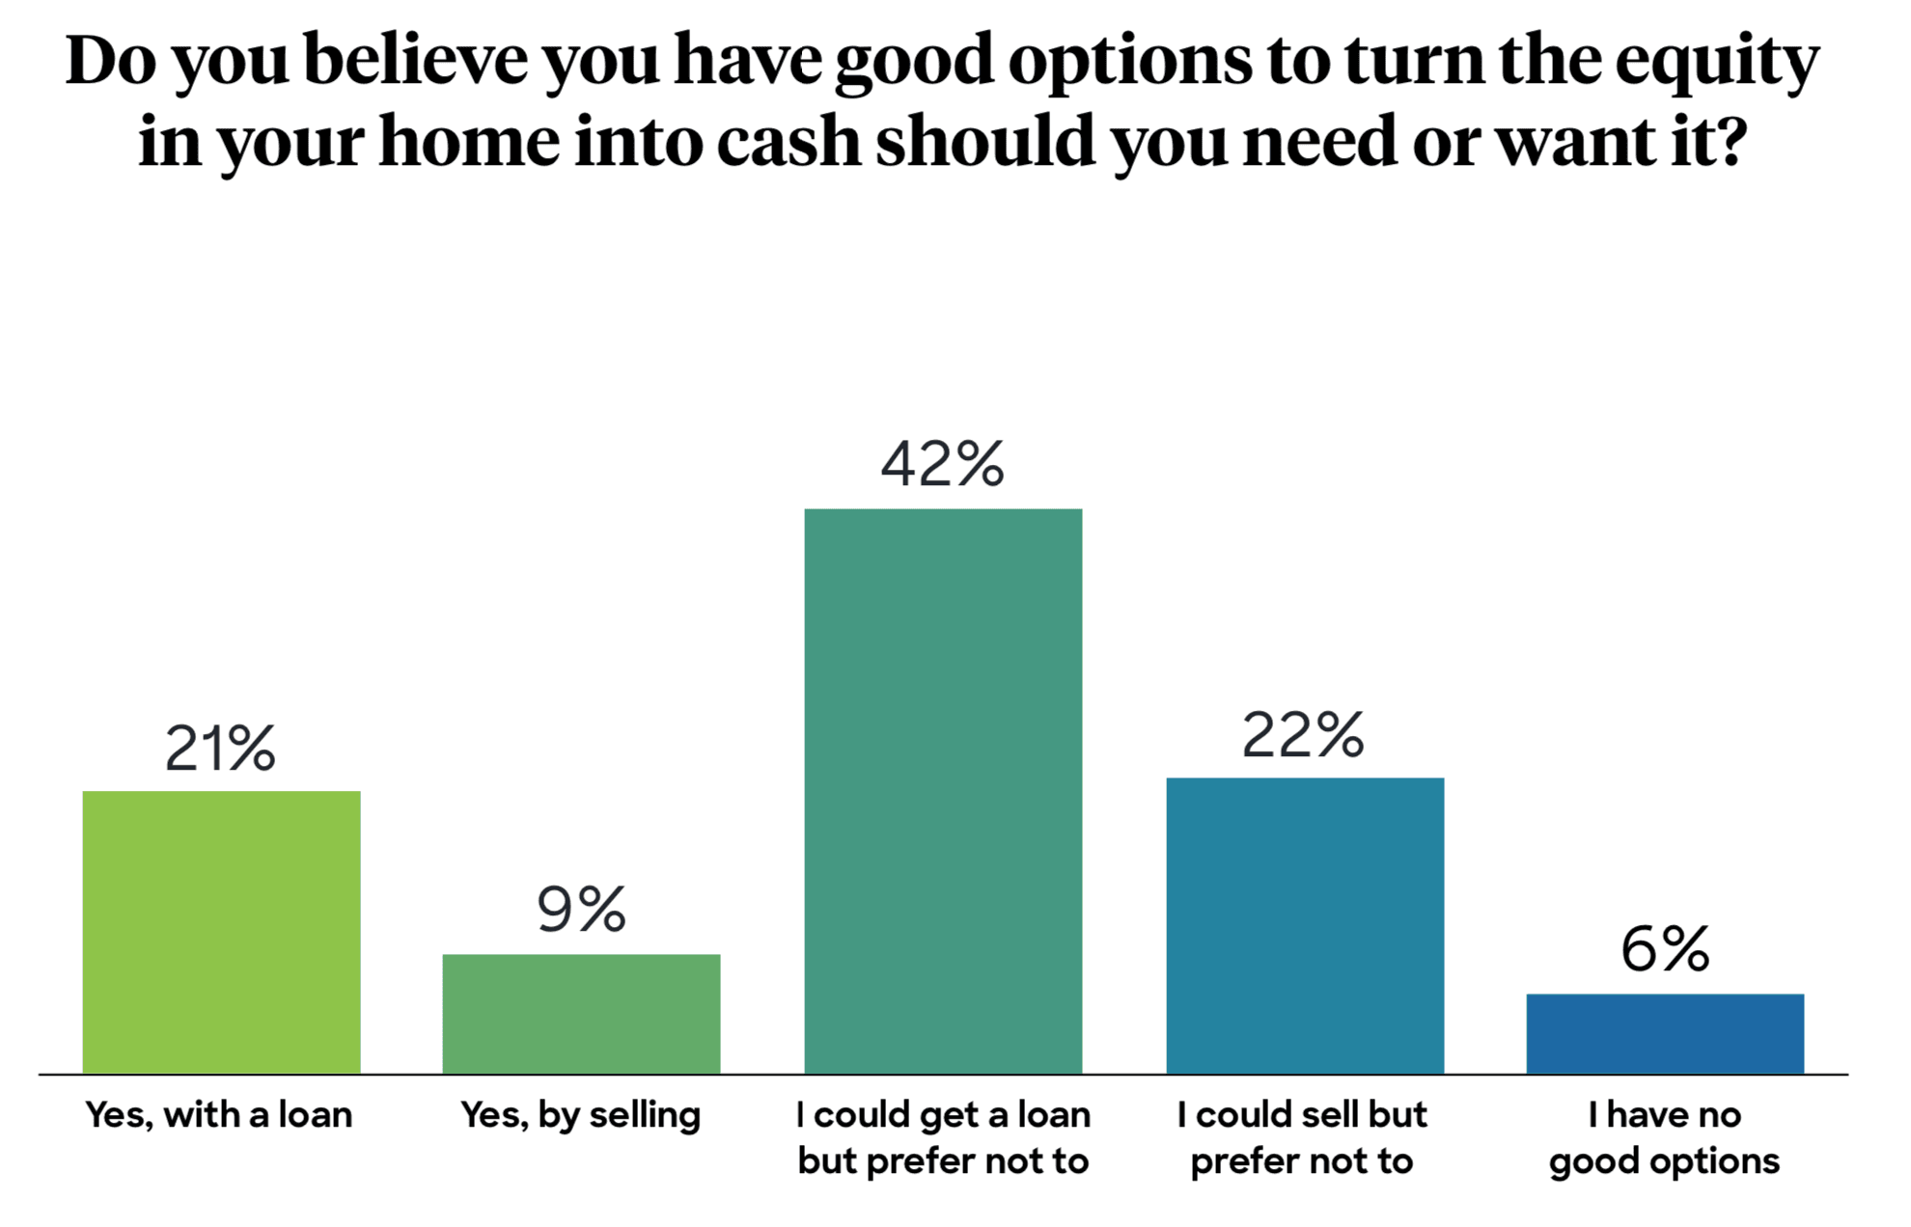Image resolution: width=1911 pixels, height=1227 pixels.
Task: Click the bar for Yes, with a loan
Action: coord(221,932)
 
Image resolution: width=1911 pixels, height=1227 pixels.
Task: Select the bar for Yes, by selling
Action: coord(581,1013)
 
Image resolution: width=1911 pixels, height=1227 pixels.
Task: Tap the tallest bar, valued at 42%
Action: coord(943,791)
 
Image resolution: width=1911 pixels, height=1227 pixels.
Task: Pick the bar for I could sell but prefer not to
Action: coord(1305,925)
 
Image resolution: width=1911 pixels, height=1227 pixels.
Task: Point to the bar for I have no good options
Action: coord(1665,1033)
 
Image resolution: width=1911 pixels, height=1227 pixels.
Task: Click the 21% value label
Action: coord(221,749)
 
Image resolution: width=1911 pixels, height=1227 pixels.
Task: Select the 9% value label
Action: coord(581,910)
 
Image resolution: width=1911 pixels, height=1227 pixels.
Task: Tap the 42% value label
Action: coord(943,464)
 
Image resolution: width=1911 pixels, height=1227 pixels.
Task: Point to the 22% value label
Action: coord(1303,736)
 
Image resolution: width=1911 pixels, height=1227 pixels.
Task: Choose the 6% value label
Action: coord(1665,949)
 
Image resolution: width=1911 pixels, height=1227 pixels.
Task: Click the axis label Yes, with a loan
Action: coord(219,1115)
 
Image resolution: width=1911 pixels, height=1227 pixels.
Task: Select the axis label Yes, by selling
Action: coord(580,1115)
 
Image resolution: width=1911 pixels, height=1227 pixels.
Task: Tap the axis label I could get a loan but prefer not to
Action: coord(943,1138)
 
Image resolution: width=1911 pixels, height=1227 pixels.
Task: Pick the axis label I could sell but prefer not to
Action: coord(1302,1138)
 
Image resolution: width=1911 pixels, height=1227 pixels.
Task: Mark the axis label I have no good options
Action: coord(1665,1138)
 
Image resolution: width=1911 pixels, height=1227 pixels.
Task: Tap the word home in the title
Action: coord(469,142)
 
